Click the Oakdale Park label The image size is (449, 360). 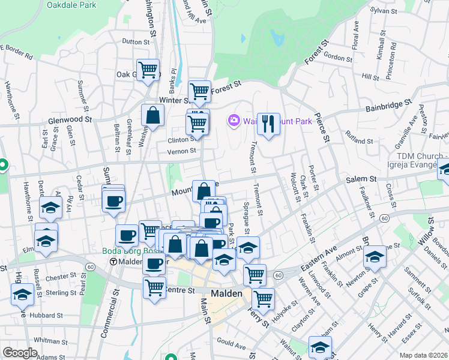point(71,4)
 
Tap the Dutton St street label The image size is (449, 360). point(135,42)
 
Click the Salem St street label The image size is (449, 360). point(360,179)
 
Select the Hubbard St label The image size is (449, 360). point(48,315)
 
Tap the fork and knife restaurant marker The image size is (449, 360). point(268,124)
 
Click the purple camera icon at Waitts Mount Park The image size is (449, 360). point(234,121)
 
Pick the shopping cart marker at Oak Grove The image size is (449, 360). point(148,69)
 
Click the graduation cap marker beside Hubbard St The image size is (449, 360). point(22,294)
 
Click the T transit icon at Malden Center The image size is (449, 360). point(113,262)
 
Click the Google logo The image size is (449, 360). point(19,353)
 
